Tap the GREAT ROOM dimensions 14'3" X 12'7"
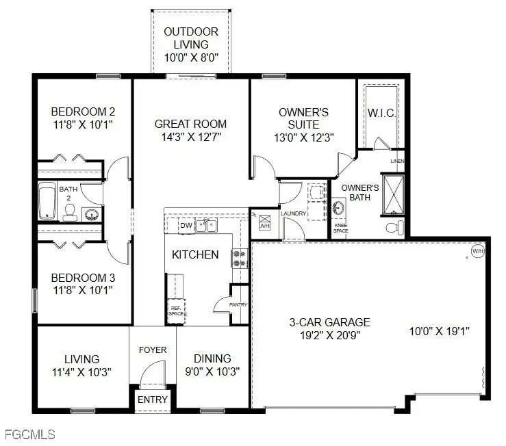(190, 137)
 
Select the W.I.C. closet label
(381, 112)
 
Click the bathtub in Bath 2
(47, 200)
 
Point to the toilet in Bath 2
(69, 215)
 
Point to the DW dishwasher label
(186, 225)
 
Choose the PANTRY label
(238, 305)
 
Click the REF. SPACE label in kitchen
(175, 310)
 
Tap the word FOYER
(153, 350)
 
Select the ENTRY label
(153, 399)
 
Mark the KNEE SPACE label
(340, 228)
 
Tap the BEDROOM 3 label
(84, 278)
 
